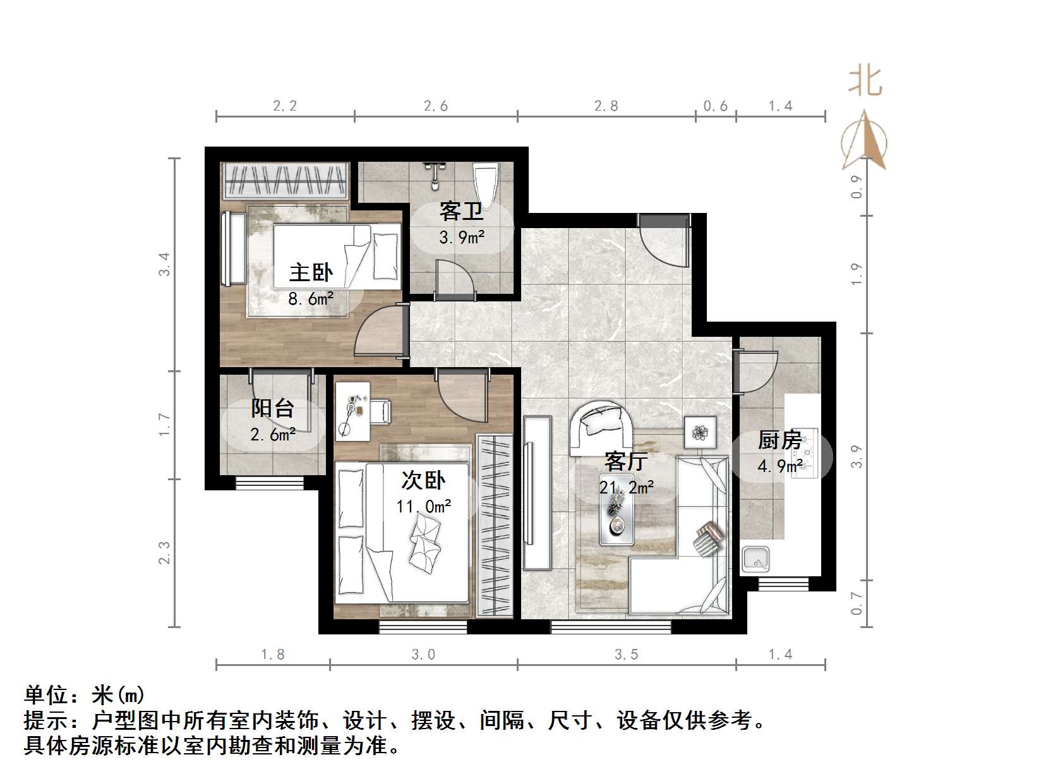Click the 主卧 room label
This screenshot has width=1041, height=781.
311,272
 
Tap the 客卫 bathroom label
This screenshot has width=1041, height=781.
461,210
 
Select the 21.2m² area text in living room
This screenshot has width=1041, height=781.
626,487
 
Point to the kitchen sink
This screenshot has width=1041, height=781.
755,560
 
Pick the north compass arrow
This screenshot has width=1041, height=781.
865,142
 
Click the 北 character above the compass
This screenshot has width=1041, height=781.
865,82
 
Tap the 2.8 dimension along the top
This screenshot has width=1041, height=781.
606,106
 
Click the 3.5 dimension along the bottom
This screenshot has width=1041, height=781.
626,655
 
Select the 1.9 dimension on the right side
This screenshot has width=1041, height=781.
856,274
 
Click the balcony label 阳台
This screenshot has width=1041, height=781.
272,408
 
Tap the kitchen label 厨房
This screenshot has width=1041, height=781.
780,440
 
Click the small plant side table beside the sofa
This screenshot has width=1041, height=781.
701,432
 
